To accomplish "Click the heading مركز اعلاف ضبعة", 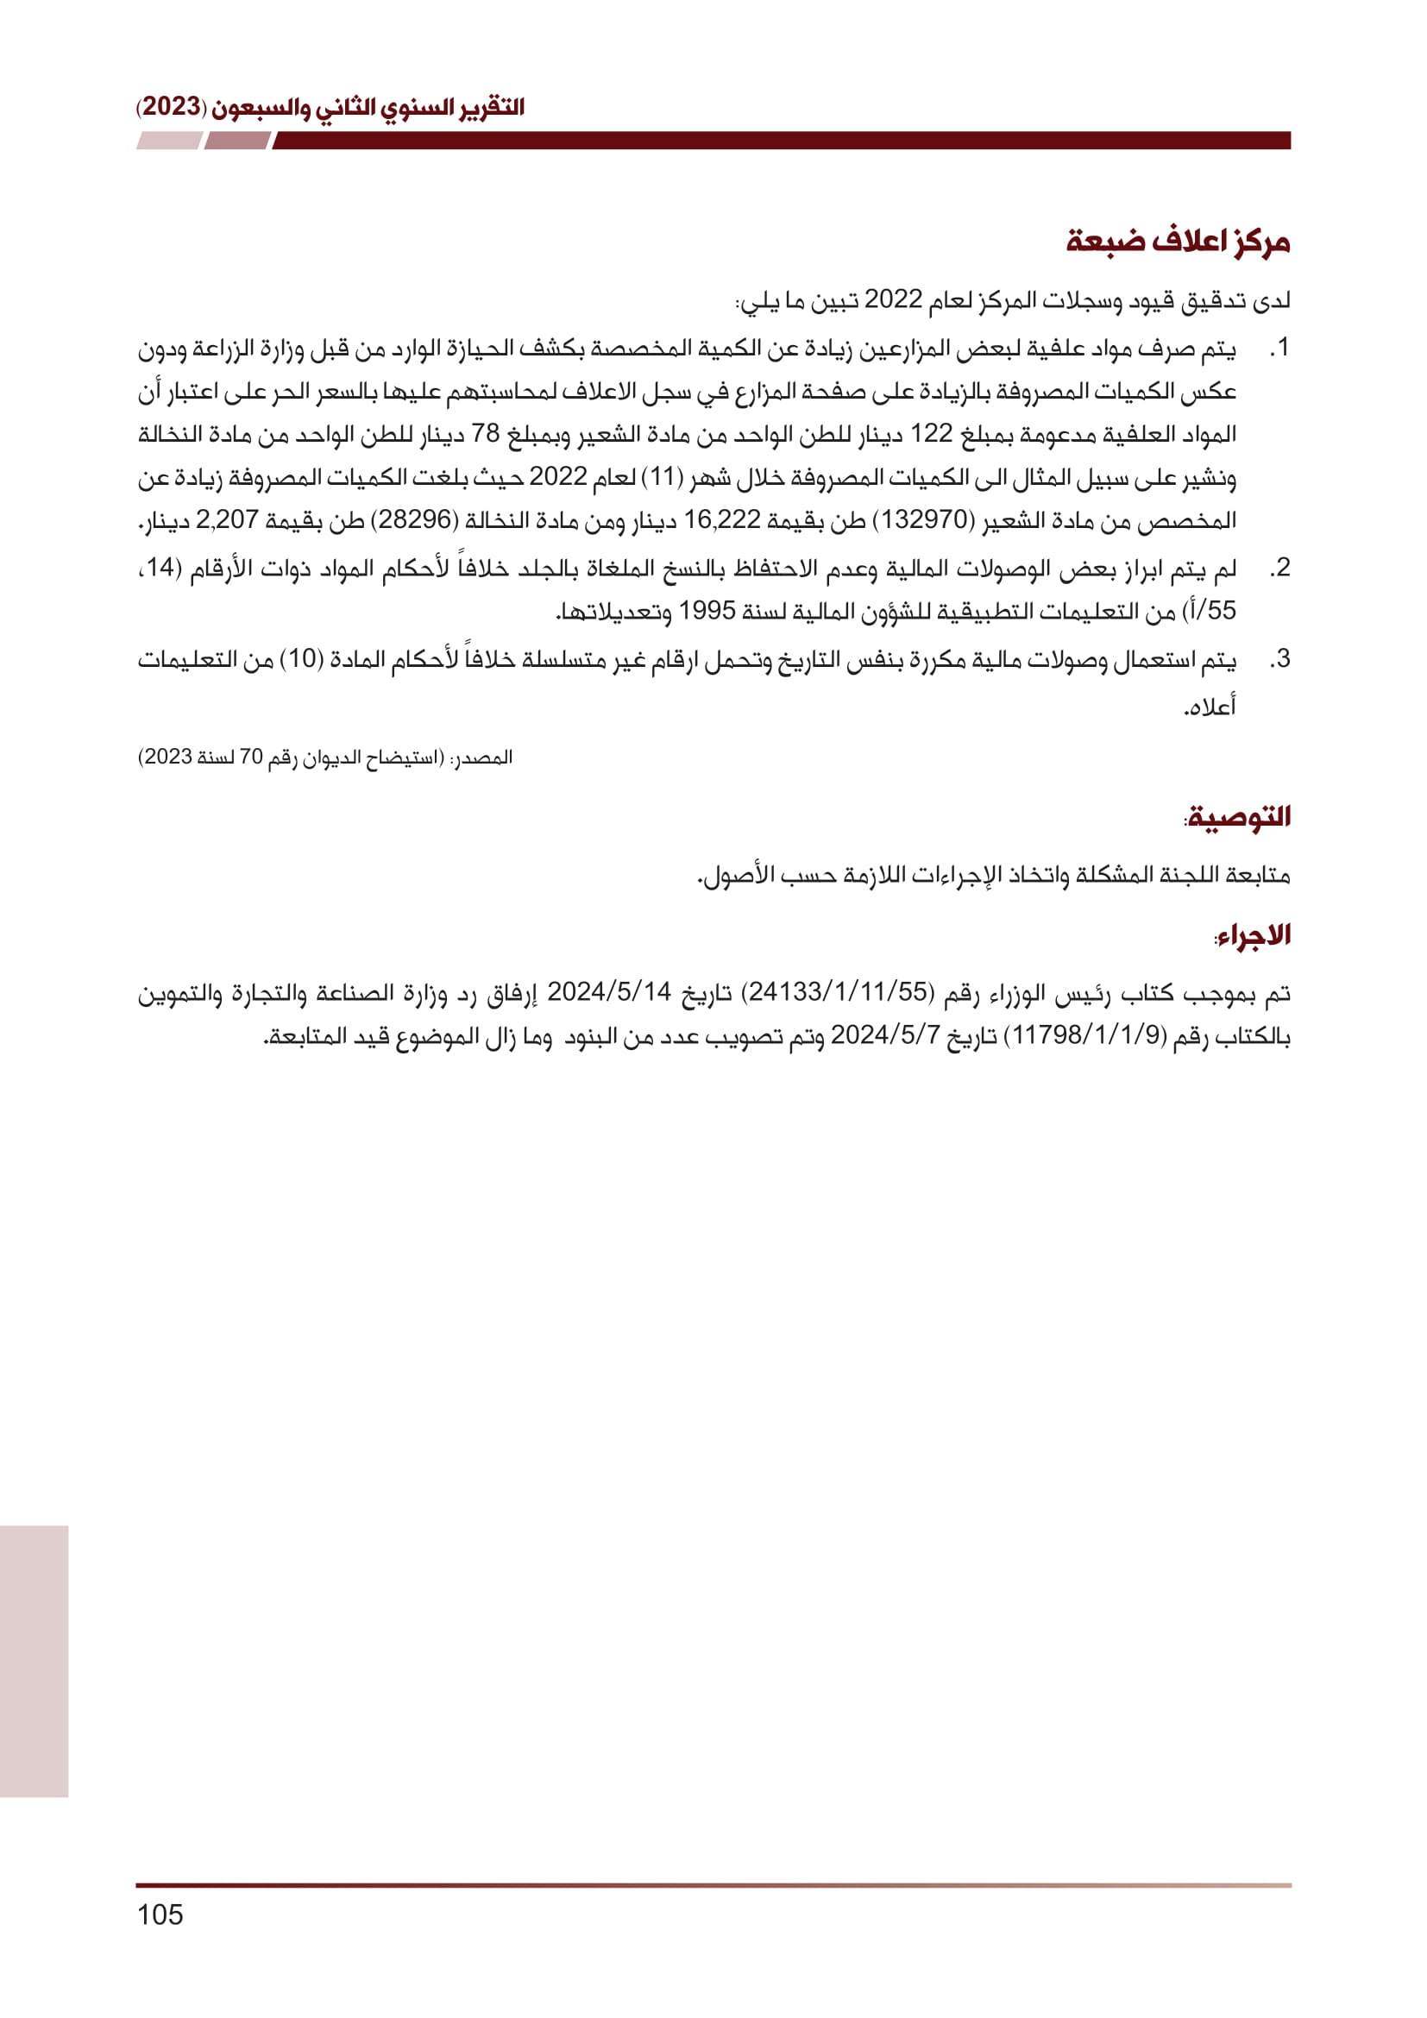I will pos(1178,242).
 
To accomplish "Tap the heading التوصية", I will pos(1239,816).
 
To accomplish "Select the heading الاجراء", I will pos(1252,935).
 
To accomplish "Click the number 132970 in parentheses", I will pos(923,519).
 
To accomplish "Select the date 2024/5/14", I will pos(609,992).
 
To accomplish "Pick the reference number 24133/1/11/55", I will pos(839,992).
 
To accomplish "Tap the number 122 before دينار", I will pos(931,433).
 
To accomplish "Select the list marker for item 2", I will pos(1279,568).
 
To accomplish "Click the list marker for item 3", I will pos(1279,658).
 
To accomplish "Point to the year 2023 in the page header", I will pos(172,107).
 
